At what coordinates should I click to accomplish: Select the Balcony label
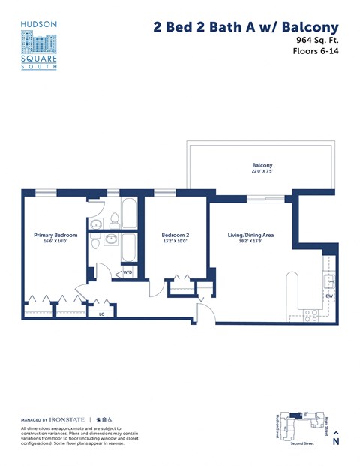tap(262, 165)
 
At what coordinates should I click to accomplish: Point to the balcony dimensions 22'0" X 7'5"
tap(262, 172)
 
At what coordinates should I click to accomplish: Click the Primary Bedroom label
tap(55, 236)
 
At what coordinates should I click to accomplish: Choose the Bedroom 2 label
tap(175, 236)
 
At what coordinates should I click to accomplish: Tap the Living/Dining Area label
tap(250, 236)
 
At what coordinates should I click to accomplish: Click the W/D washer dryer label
tap(127, 272)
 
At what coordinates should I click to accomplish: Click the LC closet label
tap(101, 315)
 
